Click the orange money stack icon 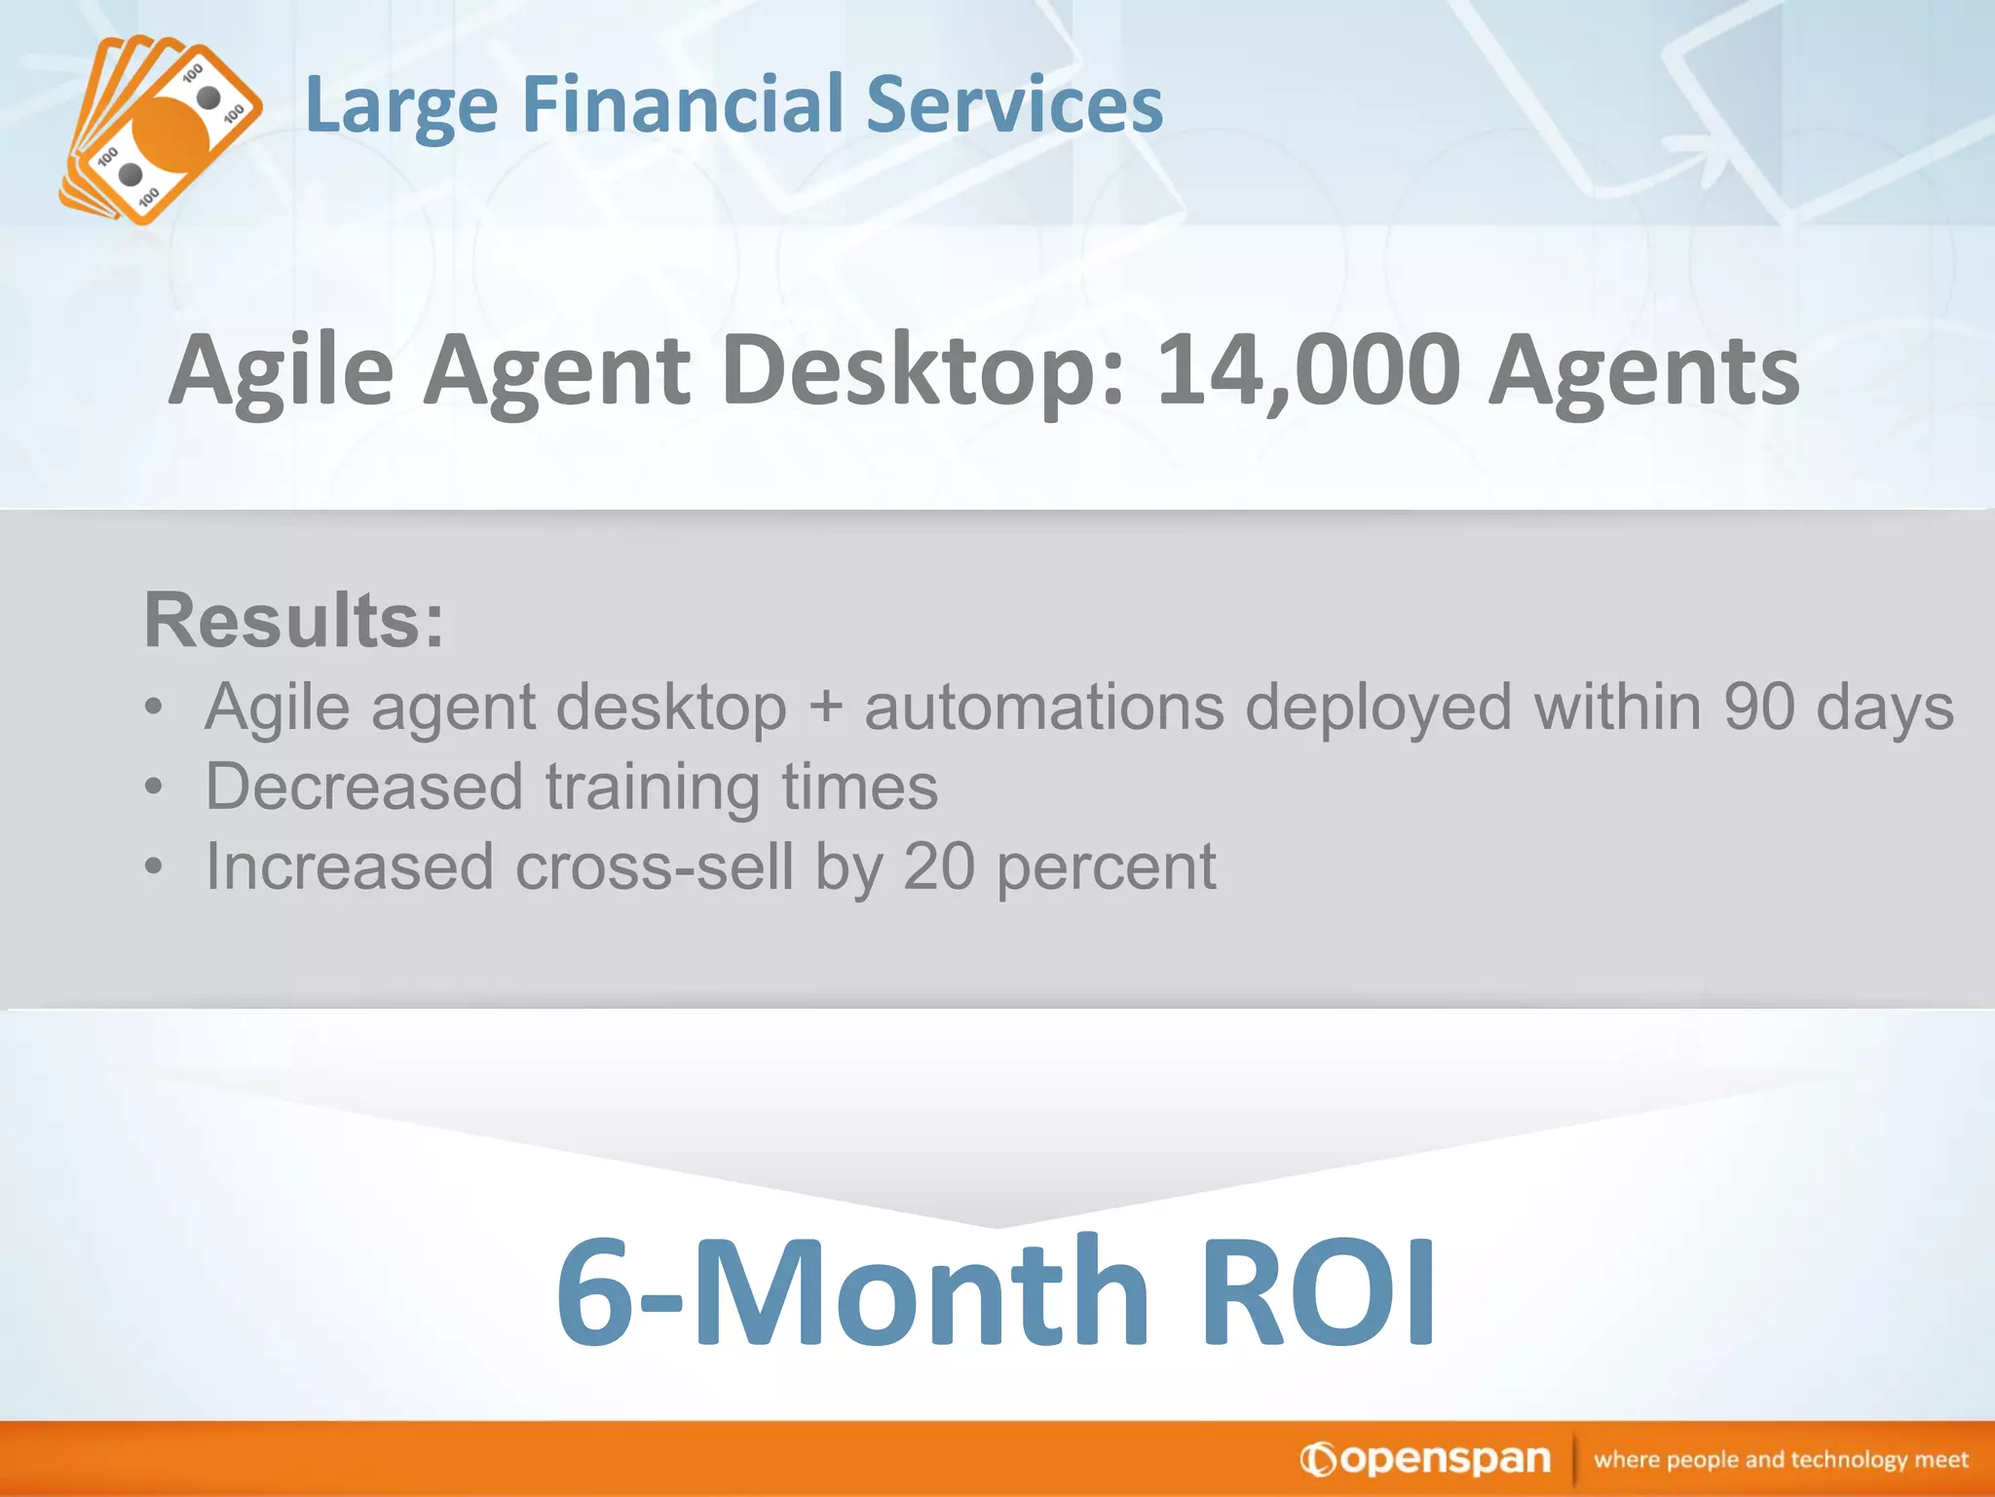click(x=161, y=132)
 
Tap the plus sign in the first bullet click(x=825, y=708)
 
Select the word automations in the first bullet click(x=1043, y=708)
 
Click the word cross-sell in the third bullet click(x=654, y=867)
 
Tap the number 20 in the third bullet click(x=938, y=867)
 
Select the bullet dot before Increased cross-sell click(x=153, y=866)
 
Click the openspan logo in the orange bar click(x=1425, y=1459)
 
